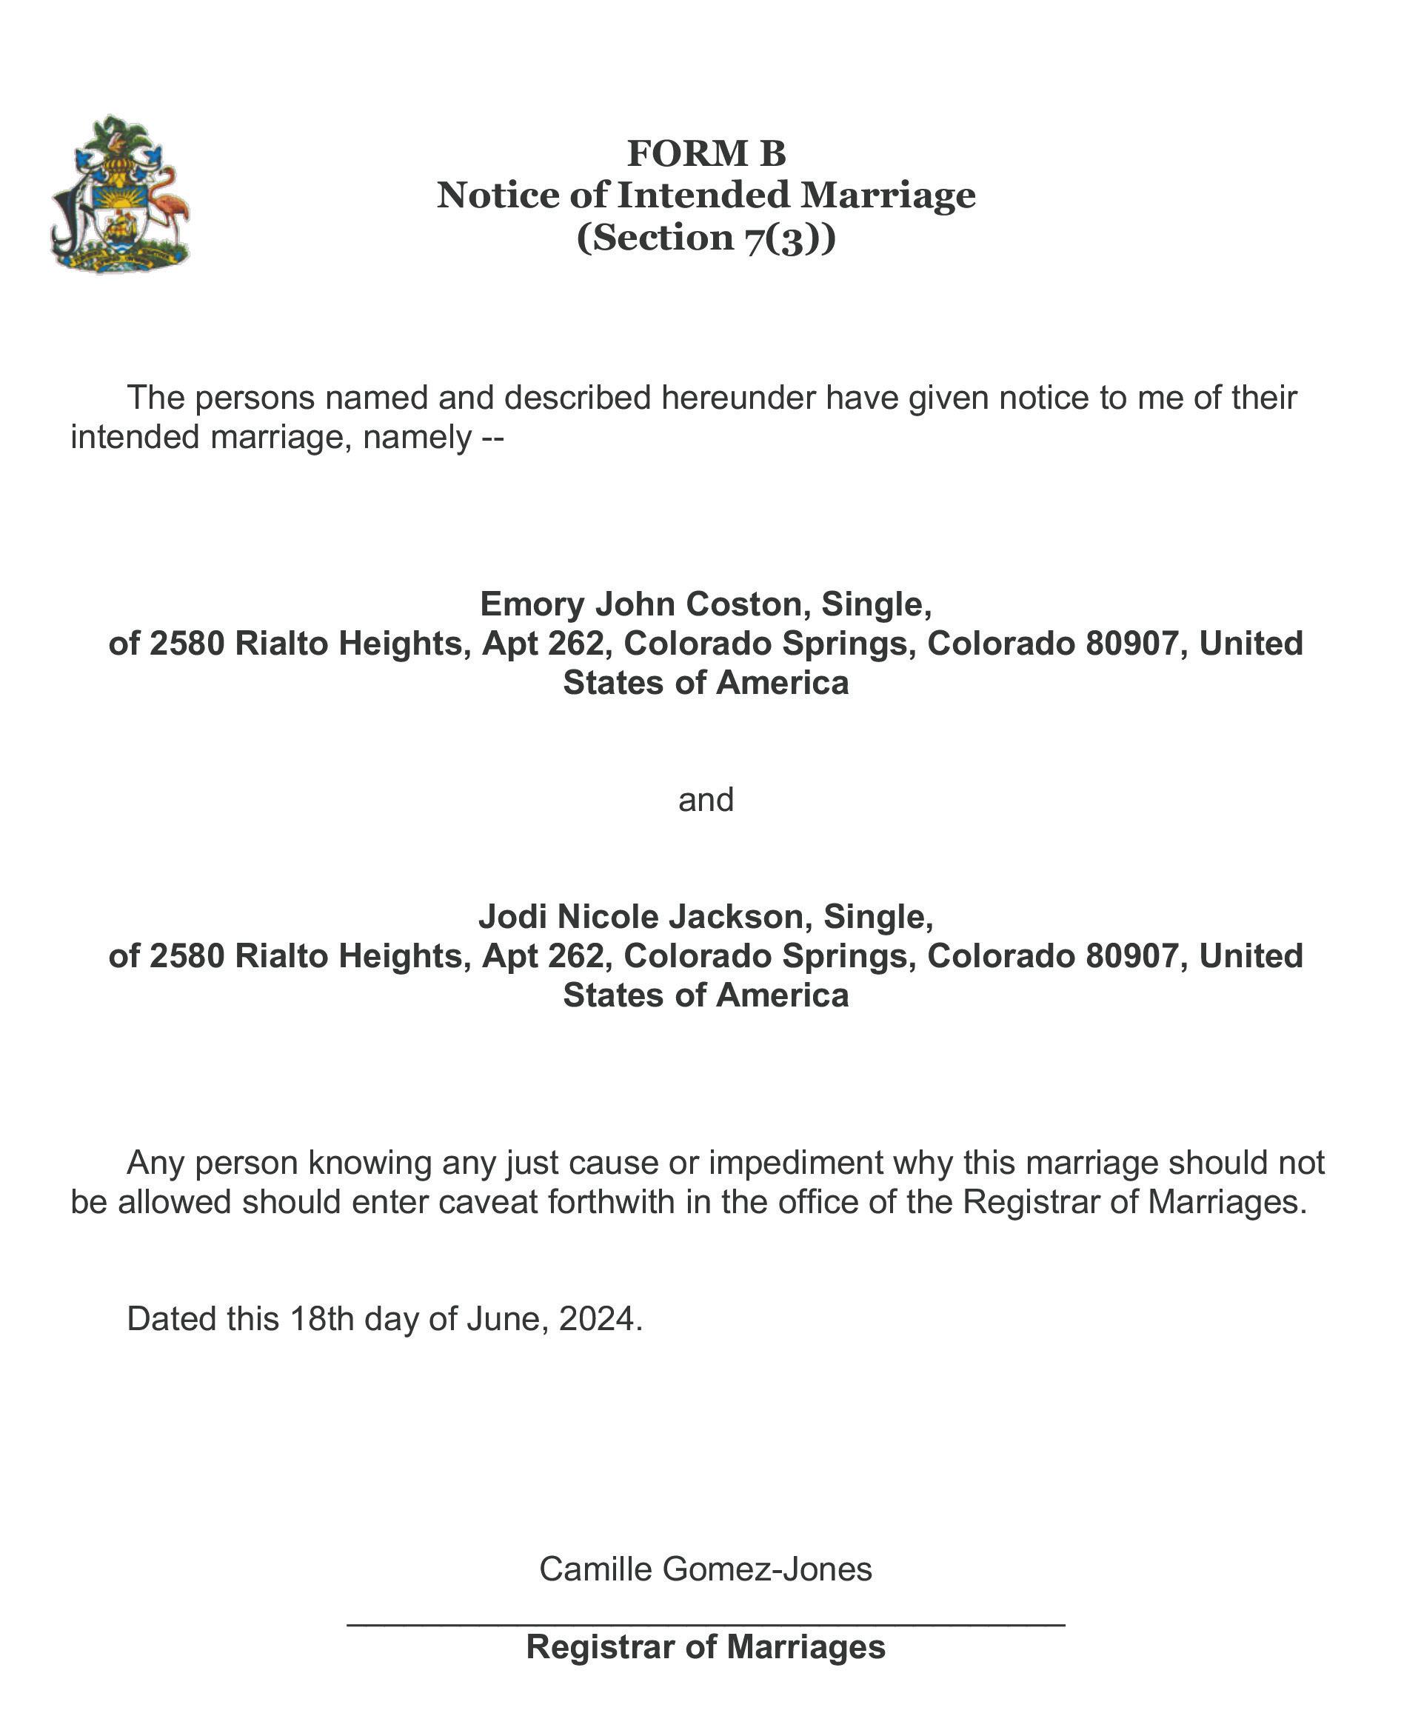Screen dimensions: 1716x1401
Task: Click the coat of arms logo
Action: coord(119,194)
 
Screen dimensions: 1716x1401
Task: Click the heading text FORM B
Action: coord(706,153)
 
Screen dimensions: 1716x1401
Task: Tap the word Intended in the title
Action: coord(702,196)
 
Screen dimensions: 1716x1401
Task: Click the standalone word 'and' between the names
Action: coord(706,800)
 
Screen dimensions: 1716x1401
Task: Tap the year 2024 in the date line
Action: coord(600,1319)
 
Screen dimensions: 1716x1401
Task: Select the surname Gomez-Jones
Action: coord(766,1569)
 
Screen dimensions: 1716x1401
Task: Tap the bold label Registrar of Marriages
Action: coord(706,1647)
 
